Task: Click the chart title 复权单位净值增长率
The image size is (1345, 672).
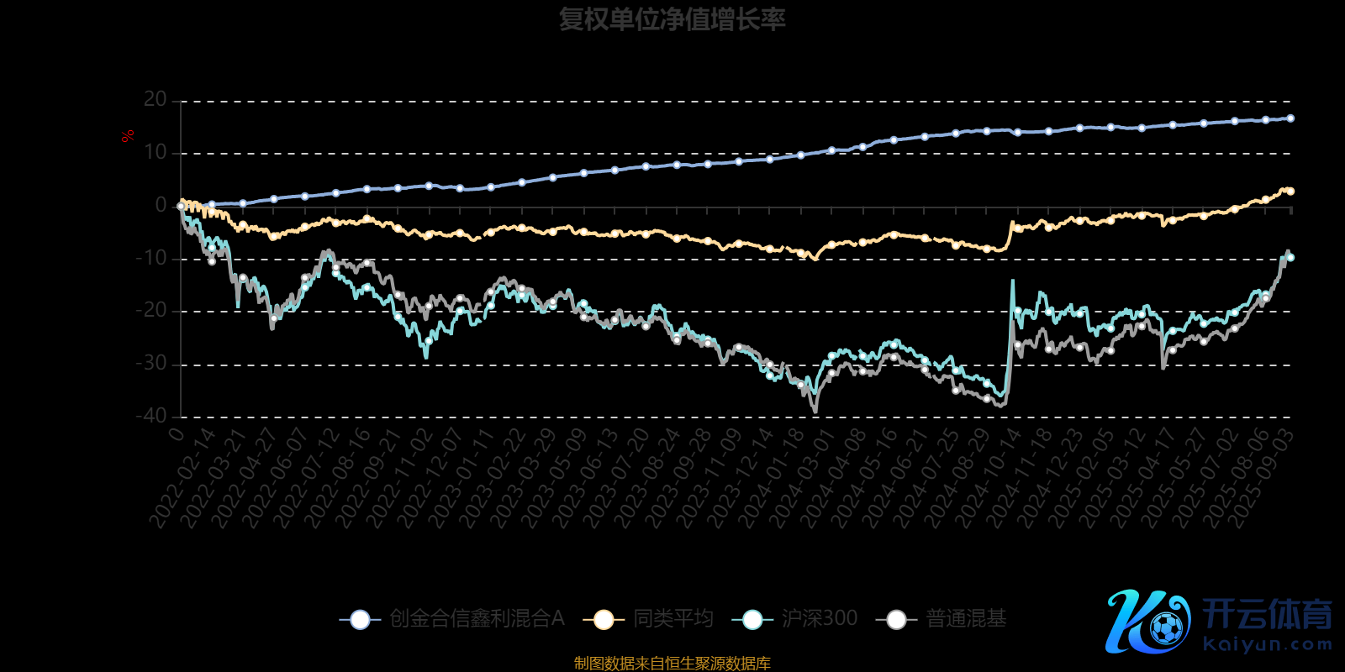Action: [672, 19]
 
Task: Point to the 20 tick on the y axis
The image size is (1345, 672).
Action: [156, 100]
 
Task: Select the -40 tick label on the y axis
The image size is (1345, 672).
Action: [151, 416]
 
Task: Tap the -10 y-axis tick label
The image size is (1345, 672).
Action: [151, 259]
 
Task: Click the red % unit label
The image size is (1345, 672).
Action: [128, 136]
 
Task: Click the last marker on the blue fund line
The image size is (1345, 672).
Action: [1290, 118]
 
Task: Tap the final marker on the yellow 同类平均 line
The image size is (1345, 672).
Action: [1290, 192]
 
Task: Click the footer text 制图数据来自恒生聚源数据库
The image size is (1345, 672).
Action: [672, 664]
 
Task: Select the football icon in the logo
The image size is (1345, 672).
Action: [1166, 627]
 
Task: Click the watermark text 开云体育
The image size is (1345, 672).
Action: [1267, 615]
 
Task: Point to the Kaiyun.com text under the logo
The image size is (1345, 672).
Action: [1267, 645]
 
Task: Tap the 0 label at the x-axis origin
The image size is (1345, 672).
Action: [177, 433]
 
